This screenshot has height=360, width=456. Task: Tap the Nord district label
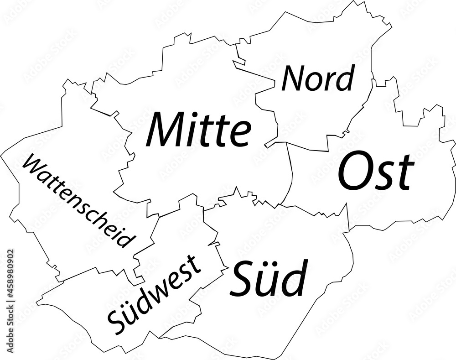pyautogui.click(x=318, y=78)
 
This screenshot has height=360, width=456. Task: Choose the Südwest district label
pyautogui.click(x=154, y=294)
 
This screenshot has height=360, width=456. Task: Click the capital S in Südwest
pyautogui.click(x=115, y=323)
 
